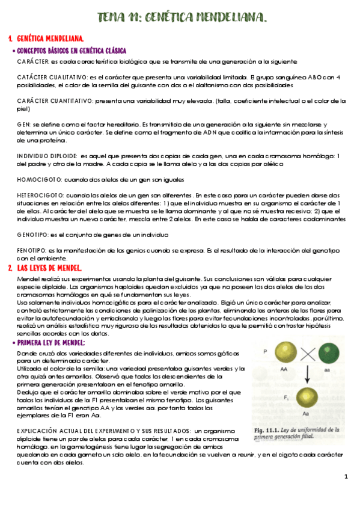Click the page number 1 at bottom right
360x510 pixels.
[346, 477]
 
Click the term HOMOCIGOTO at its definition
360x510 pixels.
[37, 180]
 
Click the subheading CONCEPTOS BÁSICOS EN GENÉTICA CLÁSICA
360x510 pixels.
[72, 51]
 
